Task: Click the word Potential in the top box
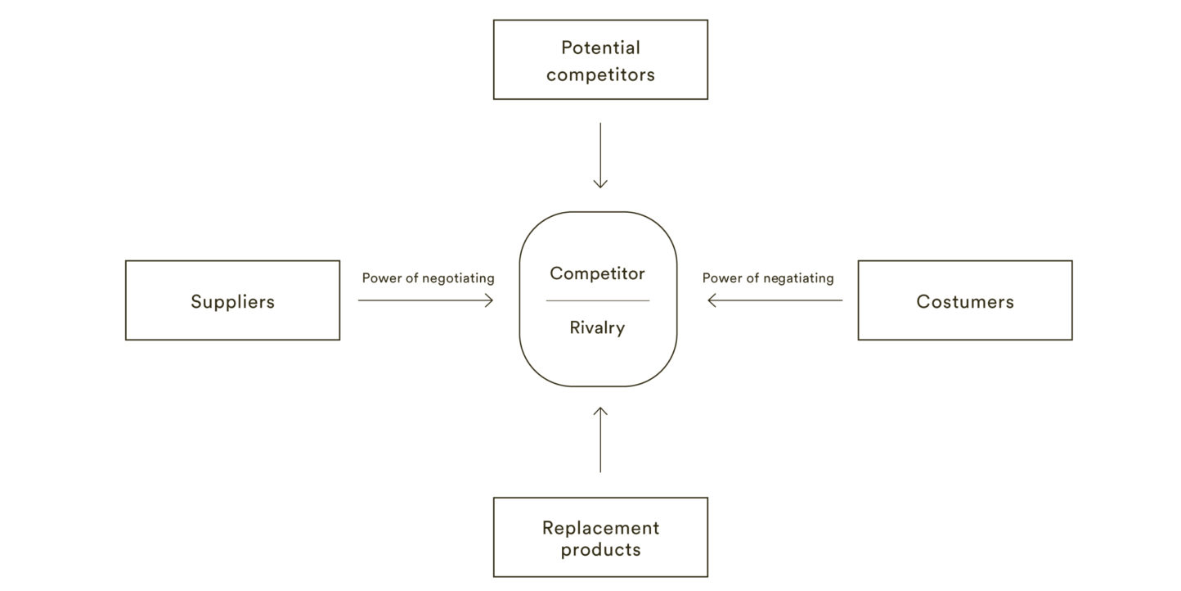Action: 600,48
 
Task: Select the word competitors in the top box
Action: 600,74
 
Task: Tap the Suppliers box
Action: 232,300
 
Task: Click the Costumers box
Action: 964,300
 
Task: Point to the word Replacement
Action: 600,528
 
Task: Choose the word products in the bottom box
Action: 600,549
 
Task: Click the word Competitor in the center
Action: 597,273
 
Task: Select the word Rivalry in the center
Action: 597,328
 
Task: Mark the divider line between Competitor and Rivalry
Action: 597,300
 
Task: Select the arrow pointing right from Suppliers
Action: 425,300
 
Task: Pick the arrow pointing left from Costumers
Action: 775,300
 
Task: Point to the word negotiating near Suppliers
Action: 457,278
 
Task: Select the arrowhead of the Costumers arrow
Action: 712,300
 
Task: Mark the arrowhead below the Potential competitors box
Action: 600,184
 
